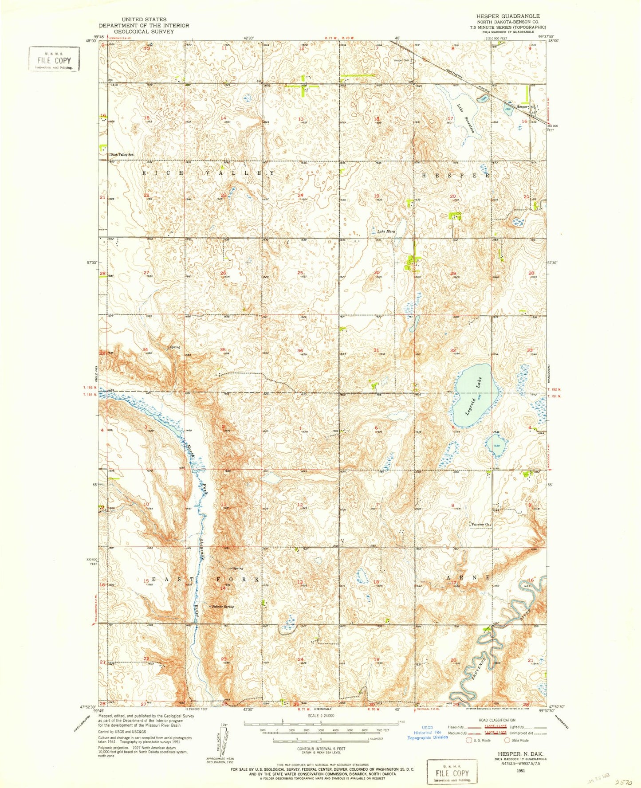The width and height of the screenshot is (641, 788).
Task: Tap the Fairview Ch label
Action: pos(480,525)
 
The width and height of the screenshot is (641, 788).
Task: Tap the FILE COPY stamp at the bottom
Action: pos(452,772)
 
